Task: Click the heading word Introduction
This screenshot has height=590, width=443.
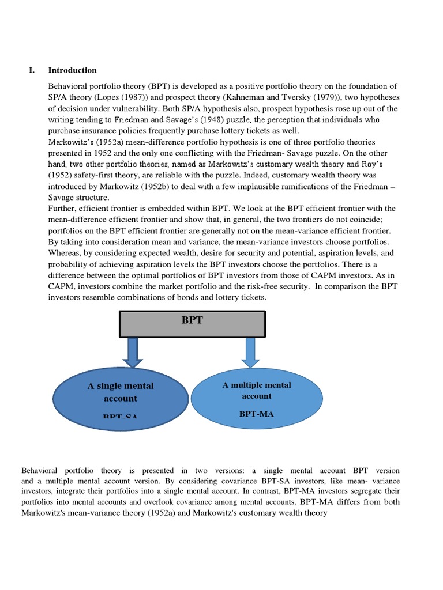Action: coord(72,70)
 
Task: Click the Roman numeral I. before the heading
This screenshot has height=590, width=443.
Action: coord(32,70)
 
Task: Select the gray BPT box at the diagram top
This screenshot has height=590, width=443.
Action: coord(192,324)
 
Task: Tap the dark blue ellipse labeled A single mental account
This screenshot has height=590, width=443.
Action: coord(121,398)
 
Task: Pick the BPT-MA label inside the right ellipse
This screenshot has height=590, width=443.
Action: coord(256,413)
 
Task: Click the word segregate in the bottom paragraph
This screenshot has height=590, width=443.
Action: coord(348,491)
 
